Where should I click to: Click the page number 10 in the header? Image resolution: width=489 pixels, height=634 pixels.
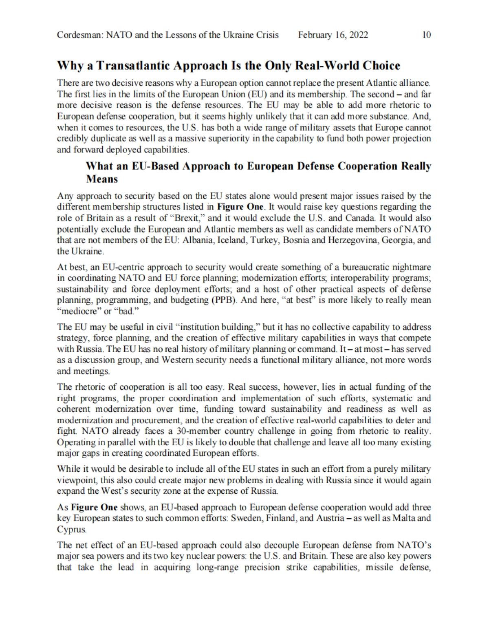pyautogui.click(x=426, y=35)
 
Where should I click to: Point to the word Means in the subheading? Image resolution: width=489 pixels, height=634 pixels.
pyautogui.click(x=102, y=179)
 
